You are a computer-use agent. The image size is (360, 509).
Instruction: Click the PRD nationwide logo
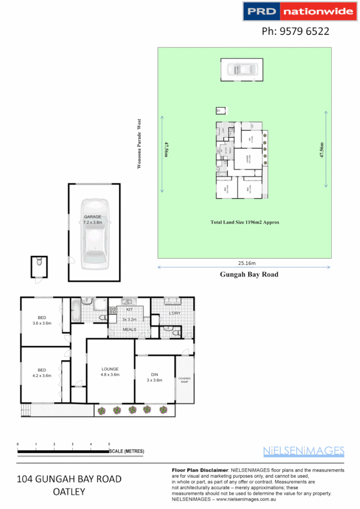click(x=298, y=11)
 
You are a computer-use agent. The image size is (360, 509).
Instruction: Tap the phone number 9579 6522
click(x=295, y=32)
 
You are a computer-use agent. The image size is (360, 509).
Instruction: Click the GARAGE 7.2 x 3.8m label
click(x=93, y=220)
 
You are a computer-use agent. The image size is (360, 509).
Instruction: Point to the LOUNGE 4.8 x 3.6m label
click(x=110, y=372)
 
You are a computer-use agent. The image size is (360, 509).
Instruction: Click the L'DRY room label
click(x=174, y=313)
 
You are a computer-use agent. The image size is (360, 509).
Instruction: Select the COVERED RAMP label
click(x=184, y=380)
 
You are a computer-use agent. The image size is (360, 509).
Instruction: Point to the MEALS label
click(x=130, y=330)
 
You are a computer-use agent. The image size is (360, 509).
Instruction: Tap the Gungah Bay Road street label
click(x=249, y=274)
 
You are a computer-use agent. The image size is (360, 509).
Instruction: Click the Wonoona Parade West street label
click(x=140, y=144)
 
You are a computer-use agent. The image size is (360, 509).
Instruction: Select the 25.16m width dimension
click(x=244, y=262)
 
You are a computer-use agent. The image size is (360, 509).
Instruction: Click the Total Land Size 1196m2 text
click(x=245, y=222)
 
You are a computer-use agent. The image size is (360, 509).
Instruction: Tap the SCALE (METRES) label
click(x=127, y=451)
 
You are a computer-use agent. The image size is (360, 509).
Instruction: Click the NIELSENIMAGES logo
click(x=303, y=451)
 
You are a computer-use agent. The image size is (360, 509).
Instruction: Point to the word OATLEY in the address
click(x=69, y=492)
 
